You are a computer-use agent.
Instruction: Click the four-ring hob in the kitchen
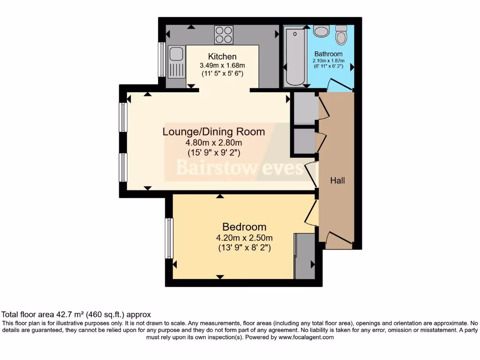(x=224, y=33)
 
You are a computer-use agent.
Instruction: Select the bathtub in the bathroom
(x=295, y=56)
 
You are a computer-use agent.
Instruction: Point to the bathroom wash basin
(x=321, y=31)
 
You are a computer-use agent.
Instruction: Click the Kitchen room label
(x=222, y=57)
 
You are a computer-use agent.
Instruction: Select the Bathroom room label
(x=328, y=54)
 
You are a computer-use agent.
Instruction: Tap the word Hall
(x=337, y=180)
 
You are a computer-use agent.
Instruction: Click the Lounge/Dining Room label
(x=213, y=132)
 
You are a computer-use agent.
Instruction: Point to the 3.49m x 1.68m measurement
(x=222, y=66)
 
